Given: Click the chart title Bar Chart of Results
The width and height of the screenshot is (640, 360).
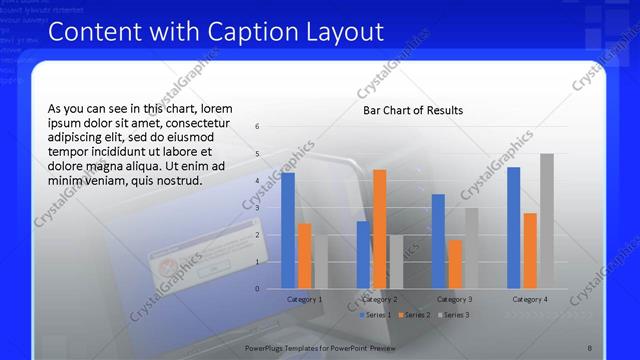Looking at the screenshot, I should click(413, 110).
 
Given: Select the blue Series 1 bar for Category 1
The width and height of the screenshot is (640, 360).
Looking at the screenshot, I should click(288, 230).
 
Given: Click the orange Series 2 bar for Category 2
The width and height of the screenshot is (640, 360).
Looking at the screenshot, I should click(379, 229).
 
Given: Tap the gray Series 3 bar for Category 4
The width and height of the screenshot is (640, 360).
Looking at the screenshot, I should click(546, 221).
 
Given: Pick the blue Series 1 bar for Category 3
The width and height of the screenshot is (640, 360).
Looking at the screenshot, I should click(438, 241).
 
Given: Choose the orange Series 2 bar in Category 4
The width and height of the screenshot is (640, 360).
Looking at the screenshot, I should click(530, 250).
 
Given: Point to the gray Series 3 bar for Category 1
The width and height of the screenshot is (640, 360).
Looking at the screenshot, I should click(320, 262).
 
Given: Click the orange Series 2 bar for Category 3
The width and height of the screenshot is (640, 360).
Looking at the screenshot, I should click(455, 264).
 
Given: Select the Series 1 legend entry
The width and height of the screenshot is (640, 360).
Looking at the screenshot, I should click(376, 315).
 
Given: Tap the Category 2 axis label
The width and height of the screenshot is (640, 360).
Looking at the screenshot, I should click(379, 299).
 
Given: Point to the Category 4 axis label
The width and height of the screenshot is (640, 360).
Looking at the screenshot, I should click(530, 299).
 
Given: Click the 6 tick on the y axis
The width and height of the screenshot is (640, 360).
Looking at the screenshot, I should click(258, 127).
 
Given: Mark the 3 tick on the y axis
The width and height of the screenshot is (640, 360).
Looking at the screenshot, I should click(258, 208).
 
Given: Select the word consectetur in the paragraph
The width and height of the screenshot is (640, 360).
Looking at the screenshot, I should click(201, 122).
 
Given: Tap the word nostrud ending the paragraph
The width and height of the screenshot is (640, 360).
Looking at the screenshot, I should click(177, 181).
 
